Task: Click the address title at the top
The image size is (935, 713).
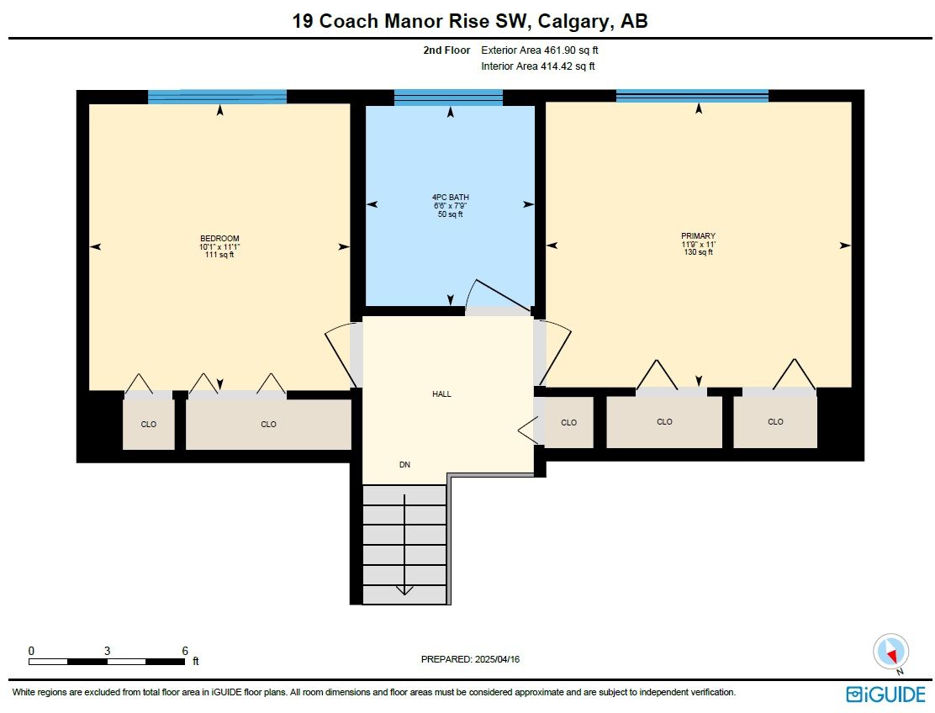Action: tap(469, 21)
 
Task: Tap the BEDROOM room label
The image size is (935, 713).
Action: tap(219, 239)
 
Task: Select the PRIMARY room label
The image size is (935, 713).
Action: tap(698, 236)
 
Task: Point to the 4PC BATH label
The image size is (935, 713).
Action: tap(450, 198)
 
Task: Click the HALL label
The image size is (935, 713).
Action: tap(441, 394)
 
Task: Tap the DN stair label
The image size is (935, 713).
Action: tap(405, 465)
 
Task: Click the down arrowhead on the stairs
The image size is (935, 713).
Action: tap(404, 590)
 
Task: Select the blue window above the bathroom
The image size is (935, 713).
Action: tap(448, 98)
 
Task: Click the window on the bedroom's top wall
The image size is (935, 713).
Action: tap(217, 97)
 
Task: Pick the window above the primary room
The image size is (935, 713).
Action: tap(692, 96)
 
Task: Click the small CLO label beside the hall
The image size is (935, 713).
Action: tap(569, 423)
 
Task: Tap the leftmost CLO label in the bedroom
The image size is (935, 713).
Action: tap(149, 425)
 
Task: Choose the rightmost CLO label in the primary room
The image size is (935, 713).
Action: tap(775, 422)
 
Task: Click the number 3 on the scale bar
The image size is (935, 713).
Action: tap(108, 651)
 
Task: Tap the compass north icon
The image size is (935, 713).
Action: tap(891, 652)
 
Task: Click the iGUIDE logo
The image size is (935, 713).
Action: tap(885, 695)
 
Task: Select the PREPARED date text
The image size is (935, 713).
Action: tap(471, 659)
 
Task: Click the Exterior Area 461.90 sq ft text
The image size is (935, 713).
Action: tap(540, 50)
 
